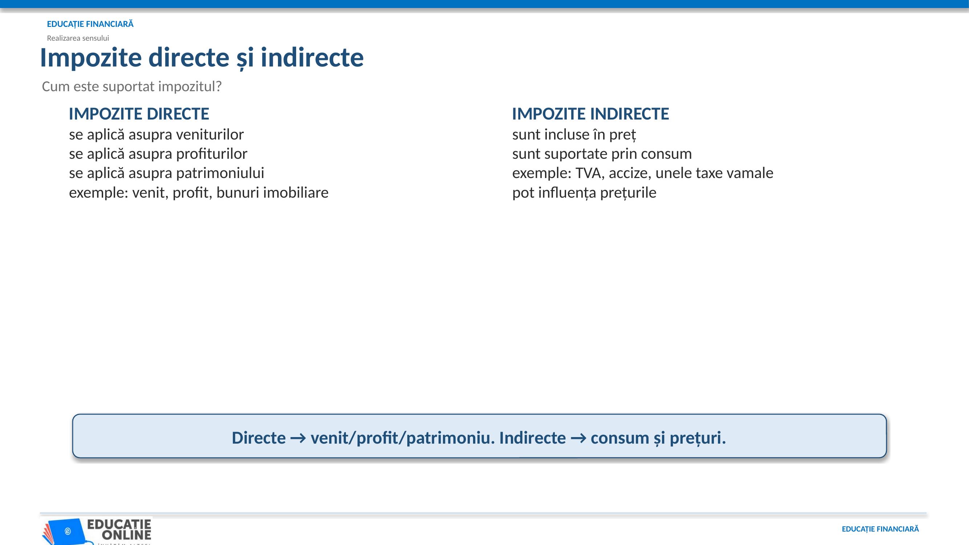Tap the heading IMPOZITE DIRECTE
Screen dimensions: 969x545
point(139,114)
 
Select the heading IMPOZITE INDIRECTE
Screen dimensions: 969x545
point(590,114)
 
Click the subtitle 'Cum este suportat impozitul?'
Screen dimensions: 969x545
point(132,86)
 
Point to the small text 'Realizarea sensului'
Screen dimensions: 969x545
point(78,38)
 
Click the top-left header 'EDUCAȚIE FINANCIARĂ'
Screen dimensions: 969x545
point(90,24)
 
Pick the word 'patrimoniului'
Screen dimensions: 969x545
point(220,173)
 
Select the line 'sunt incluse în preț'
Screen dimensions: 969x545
point(574,135)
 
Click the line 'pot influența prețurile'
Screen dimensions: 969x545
point(584,193)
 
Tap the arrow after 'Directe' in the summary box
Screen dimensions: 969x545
point(298,438)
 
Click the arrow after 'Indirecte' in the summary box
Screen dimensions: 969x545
point(578,438)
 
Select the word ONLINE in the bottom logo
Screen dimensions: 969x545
point(126,534)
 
